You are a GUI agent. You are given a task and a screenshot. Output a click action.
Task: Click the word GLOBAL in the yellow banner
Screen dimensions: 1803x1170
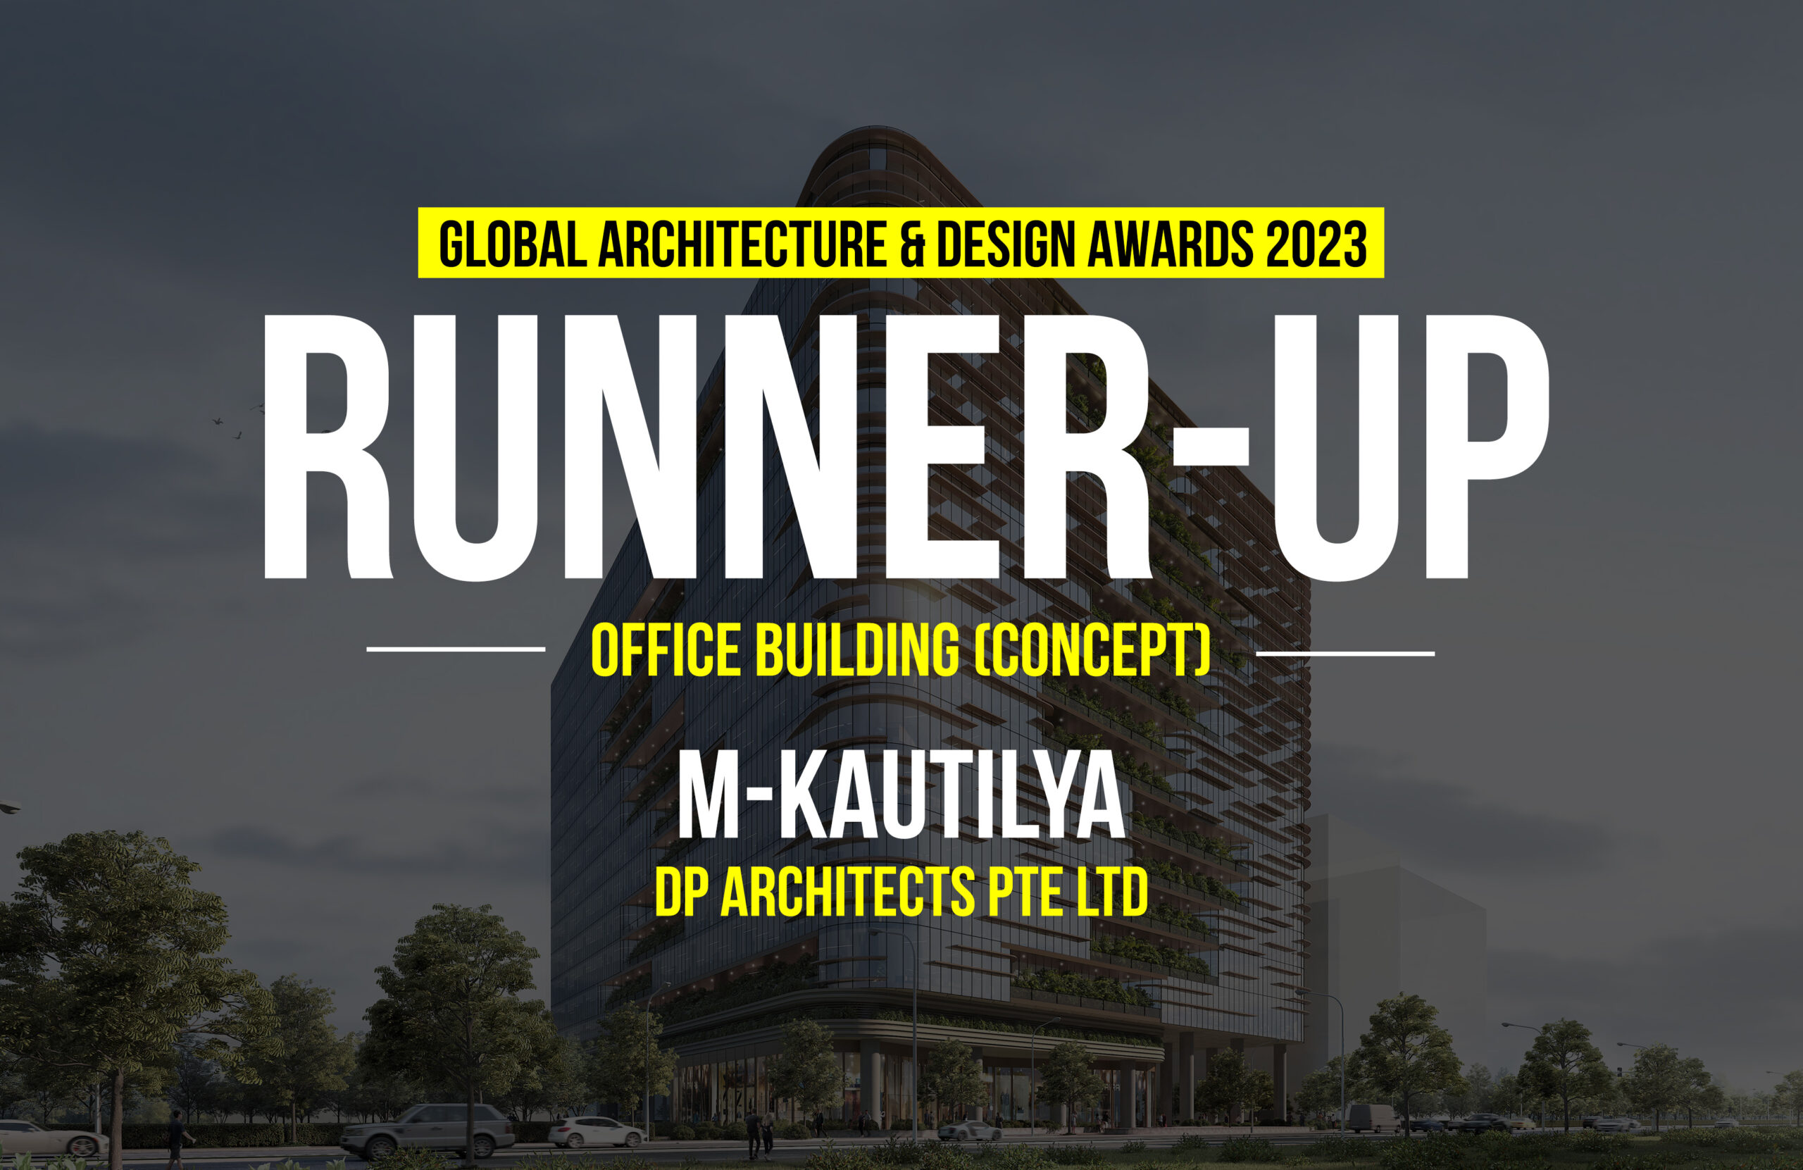(513, 244)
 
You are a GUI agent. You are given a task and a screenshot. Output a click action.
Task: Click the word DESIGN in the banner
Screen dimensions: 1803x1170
(1006, 244)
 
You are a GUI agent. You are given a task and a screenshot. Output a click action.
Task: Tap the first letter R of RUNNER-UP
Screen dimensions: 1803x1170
(327, 447)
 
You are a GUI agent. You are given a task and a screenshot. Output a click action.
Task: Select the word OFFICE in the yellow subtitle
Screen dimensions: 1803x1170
(665, 649)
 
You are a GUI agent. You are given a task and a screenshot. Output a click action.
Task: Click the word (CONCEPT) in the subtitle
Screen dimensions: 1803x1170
(1092, 649)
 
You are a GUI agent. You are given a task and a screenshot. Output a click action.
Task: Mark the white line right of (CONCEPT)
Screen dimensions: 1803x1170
(1345, 652)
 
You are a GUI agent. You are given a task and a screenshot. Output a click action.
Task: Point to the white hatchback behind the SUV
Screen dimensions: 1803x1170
(597, 1131)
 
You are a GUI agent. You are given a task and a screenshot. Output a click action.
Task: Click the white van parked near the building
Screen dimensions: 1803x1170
(1373, 1118)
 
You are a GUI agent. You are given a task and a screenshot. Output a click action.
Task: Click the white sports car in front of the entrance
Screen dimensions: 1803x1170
(971, 1131)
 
